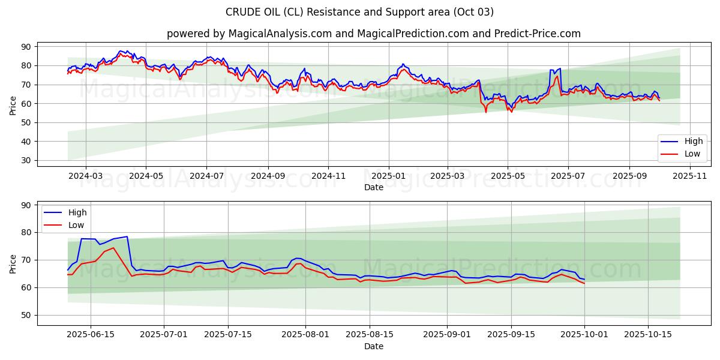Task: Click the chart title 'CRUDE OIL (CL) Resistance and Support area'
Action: point(359,12)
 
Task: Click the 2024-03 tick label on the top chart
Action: point(85,176)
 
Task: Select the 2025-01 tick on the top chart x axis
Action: point(388,176)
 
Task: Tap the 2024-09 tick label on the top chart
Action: point(268,176)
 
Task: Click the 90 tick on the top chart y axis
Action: point(26,47)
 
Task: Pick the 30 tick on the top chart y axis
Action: point(26,161)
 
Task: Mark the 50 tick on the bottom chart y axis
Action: point(26,316)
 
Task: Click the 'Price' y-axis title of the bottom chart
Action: point(13,263)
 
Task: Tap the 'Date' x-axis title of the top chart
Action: point(374,187)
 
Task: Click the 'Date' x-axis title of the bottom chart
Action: point(374,347)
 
